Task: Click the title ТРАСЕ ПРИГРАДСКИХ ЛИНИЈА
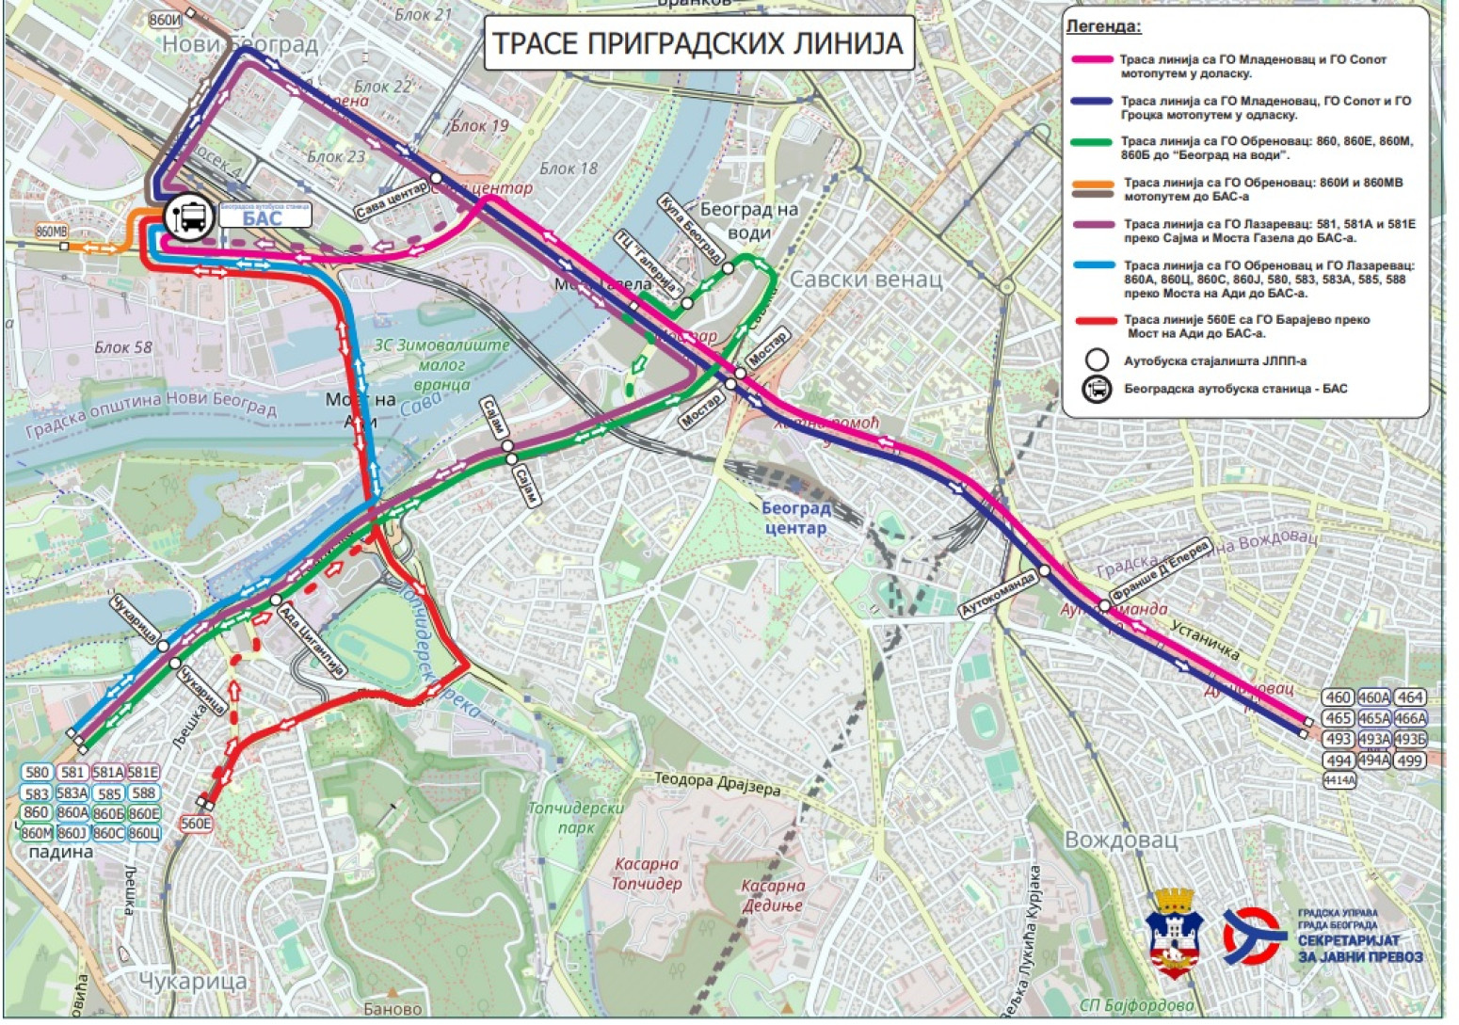tap(697, 43)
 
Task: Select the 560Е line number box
tap(197, 824)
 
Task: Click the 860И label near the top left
tap(166, 19)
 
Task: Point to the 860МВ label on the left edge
tap(53, 231)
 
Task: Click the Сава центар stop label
tap(393, 200)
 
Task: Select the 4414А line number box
tap(1339, 780)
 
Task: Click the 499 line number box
tap(1409, 761)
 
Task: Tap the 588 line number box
tap(144, 793)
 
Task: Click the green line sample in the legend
tap(1095, 142)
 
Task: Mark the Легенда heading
tap(1103, 26)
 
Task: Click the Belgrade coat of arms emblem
tap(1173, 932)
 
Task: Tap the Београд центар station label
tap(796, 518)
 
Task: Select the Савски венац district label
tap(865, 279)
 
